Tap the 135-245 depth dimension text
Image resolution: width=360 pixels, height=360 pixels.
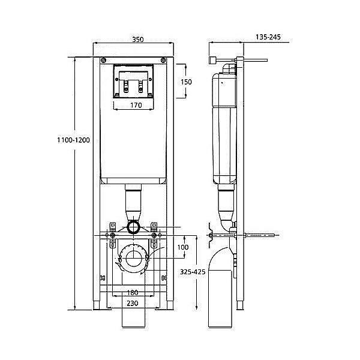[x=268, y=37]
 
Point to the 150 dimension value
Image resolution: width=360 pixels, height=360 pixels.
[x=187, y=82]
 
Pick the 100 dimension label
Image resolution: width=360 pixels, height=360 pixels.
[x=182, y=247]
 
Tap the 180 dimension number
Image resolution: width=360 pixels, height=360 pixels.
[x=133, y=293]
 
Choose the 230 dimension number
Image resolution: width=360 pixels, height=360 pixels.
[x=133, y=304]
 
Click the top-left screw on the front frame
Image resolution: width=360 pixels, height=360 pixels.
[x=104, y=59]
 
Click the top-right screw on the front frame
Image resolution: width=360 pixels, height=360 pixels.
[x=163, y=59]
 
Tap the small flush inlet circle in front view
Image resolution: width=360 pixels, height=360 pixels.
[x=134, y=227]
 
